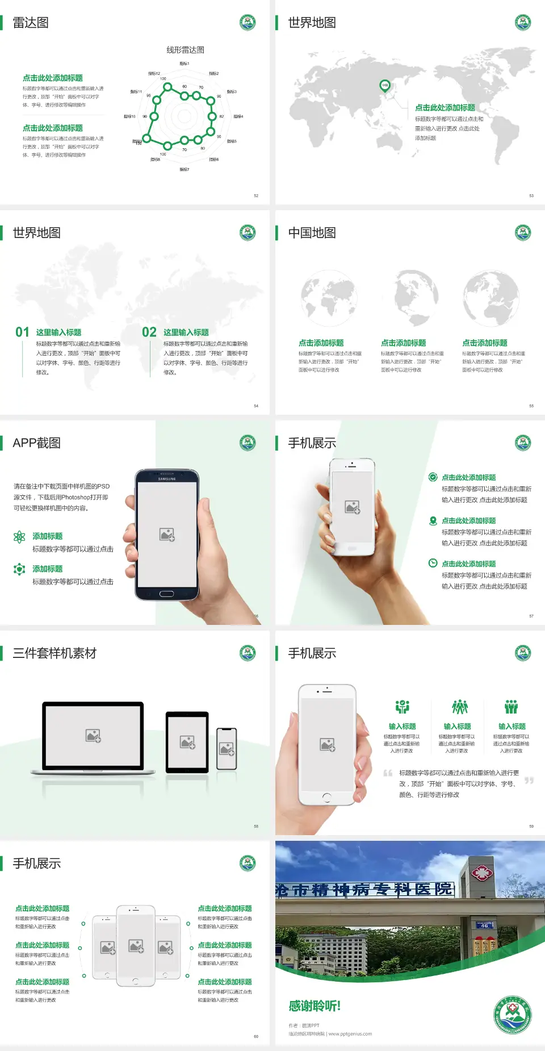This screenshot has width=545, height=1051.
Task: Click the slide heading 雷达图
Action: [x=31, y=23]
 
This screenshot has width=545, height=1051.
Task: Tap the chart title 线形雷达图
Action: [x=185, y=50]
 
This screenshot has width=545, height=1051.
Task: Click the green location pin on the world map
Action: [x=385, y=86]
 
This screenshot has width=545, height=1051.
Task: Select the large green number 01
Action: [x=22, y=332]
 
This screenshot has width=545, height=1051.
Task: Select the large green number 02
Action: [x=149, y=332]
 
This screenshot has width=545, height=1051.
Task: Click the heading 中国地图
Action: [x=312, y=233]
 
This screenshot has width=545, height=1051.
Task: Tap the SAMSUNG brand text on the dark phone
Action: [x=167, y=479]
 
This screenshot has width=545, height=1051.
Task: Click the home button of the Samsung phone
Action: [x=166, y=594]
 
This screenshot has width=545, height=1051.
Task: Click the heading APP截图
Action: [x=36, y=443]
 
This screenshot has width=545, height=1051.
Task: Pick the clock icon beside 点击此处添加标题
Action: [x=433, y=563]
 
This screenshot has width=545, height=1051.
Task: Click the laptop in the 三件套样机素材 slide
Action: [x=93, y=737]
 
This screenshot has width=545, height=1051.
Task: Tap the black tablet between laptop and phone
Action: [x=187, y=742]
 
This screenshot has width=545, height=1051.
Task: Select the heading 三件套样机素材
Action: [x=54, y=653]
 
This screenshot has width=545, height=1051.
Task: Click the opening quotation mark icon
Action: [x=388, y=773]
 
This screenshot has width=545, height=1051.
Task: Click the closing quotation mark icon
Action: [x=529, y=781]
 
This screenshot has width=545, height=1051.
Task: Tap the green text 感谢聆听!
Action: [x=315, y=1006]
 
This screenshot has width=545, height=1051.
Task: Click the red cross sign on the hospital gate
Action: [x=481, y=873]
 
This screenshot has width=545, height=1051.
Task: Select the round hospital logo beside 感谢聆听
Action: [x=513, y=1015]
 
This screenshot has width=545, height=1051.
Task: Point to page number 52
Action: [x=256, y=195]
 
